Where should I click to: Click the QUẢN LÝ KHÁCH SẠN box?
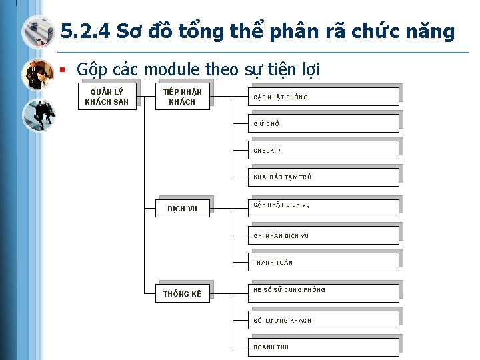(x=107, y=96)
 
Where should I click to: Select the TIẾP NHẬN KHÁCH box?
(x=182, y=96)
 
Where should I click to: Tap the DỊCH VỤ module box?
(x=182, y=208)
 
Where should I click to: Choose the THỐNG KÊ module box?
(x=182, y=293)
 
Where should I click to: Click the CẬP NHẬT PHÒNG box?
(x=325, y=96)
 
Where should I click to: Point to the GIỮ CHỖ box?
(x=325, y=123)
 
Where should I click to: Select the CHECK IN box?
(x=325, y=150)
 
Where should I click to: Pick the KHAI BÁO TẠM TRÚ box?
(x=325, y=177)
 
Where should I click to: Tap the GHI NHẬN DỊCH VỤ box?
(x=325, y=234)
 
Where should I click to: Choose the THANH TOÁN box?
(x=325, y=261)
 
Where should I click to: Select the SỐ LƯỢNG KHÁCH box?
(x=325, y=319)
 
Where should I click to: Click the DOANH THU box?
(x=325, y=346)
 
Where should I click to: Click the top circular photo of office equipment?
(x=37, y=32)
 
